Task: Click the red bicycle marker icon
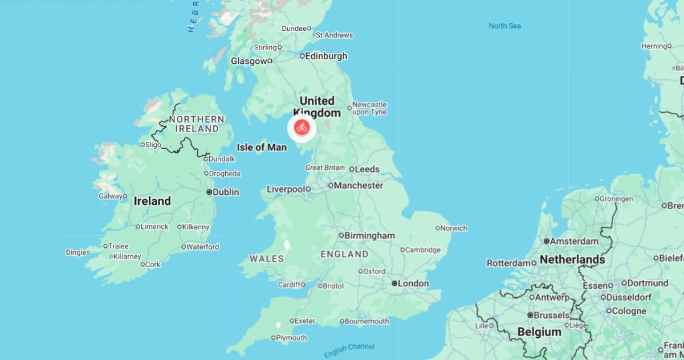pyautogui.click(x=302, y=128)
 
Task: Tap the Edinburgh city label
pyautogui.click(x=326, y=56)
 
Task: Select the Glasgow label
pyautogui.click(x=249, y=61)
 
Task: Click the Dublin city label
pyautogui.click(x=226, y=193)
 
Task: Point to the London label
pyautogui.click(x=413, y=283)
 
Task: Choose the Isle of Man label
pyautogui.click(x=262, y=148)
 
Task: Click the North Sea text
pyautogui.click(x=504, y=26)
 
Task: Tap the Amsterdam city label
pyautogui.click(x=575, y=241)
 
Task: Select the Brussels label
pyautogui.click(x=551, y=315)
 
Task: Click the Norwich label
pyautogui.click(x=454, y=228)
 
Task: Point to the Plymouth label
pyautogui.click(x=291, y=338)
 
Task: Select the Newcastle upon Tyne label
pyautogui.click(x=369, y=108)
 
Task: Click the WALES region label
pyautogui.click(x=267, y=259)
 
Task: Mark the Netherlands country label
pyautogui.click(x=572, y=260)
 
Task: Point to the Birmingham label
pyautogui.click(x=370, y=235)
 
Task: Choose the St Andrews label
pyautogui.click(x=334, y=35)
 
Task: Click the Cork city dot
pyautogui.click(x=142, y=264)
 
